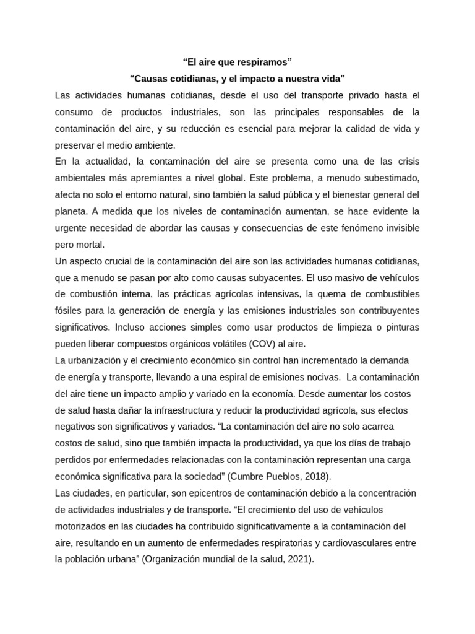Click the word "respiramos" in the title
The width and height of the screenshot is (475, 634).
(x=263, y=62)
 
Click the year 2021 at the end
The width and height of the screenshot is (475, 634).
(x=299, y=559)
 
